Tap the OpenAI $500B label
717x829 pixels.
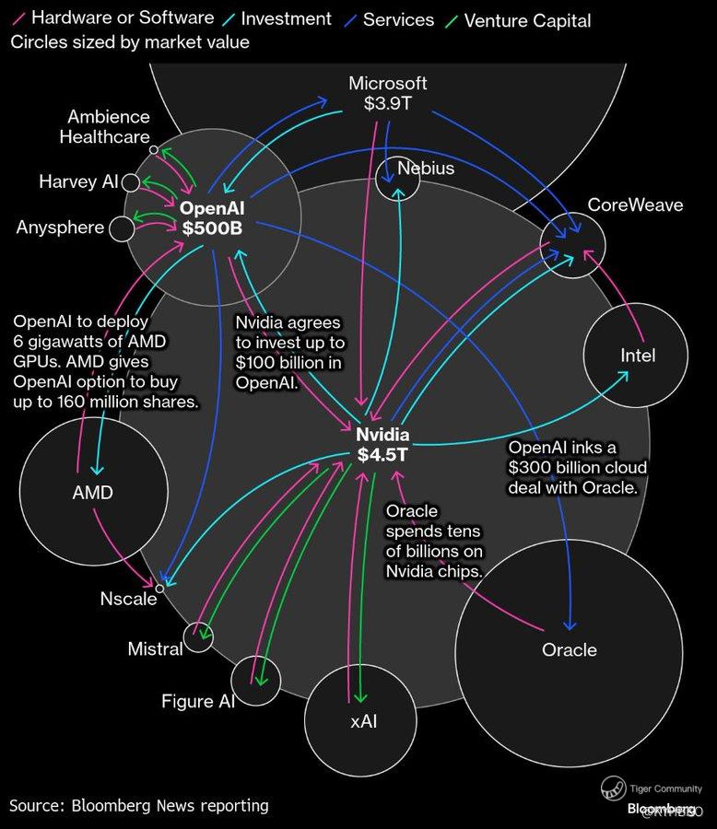211,218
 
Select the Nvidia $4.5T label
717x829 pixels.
382,444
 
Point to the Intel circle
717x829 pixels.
638,356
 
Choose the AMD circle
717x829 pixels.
92,492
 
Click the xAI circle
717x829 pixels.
362,719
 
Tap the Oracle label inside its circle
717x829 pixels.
569,649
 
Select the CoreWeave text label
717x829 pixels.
635,204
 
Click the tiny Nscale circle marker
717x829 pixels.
159,588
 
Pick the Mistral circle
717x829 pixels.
198,636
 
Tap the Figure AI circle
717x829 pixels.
254,682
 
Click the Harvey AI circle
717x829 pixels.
131,181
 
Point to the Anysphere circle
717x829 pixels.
121,228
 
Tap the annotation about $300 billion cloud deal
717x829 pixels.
577,468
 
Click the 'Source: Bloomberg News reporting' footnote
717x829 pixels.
139,805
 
